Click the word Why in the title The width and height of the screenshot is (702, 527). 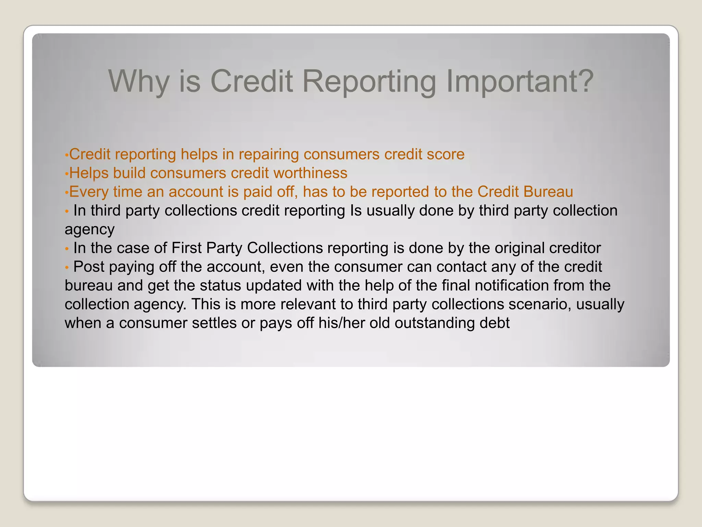click(x=138, y=81)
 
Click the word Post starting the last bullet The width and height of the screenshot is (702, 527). click(x=89, y=267)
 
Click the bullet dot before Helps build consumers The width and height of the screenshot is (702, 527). click(x=67, y=174)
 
